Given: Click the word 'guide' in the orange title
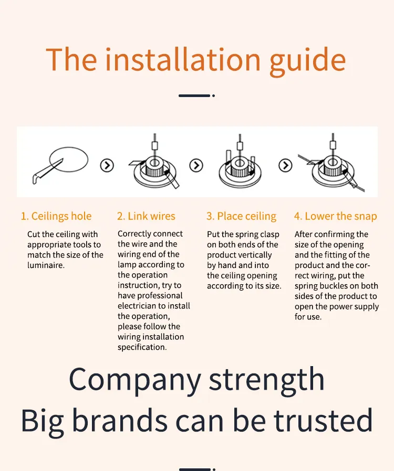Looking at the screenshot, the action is coord(307,61).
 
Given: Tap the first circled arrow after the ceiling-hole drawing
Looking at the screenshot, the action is coord(107,165).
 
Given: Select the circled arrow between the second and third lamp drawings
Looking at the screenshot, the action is coord(196,165).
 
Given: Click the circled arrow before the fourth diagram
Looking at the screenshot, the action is coord(285,165).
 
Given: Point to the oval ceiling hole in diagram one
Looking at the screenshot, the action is coord(69,148).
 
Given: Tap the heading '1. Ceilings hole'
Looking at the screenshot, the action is coord(56,216).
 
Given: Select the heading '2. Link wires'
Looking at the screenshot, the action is coord(146,216).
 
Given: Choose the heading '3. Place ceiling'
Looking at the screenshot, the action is coord(241,216).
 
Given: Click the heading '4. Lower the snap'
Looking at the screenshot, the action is coord(335,216).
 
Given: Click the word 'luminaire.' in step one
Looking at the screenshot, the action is coord(46,265).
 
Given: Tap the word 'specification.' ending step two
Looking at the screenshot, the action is coord(142,348).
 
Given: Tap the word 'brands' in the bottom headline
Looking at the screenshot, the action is coord(120,421).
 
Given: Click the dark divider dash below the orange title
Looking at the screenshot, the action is coord(194,96).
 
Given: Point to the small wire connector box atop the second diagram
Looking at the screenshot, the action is coord(155,146).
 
